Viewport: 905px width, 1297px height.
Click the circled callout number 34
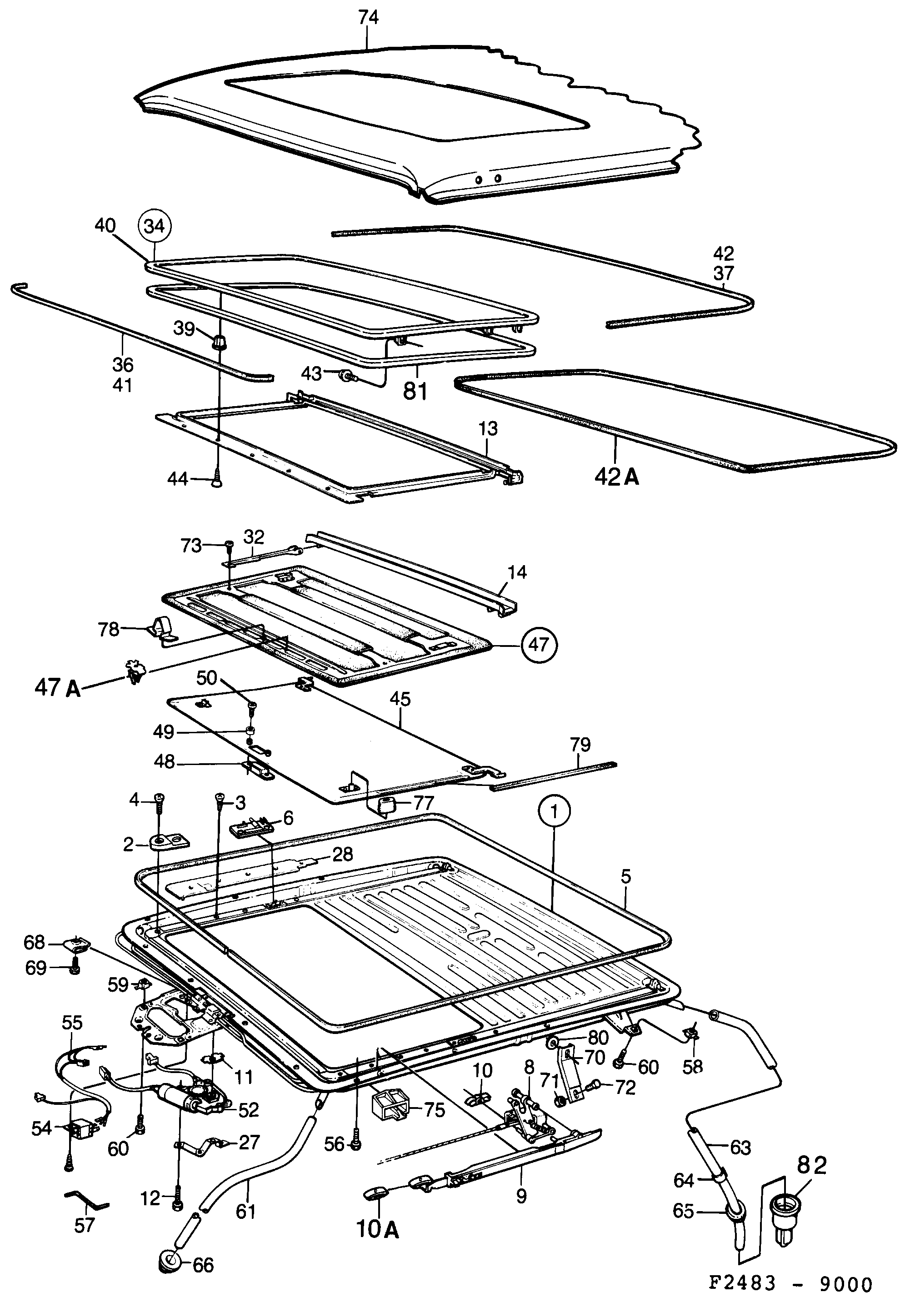tap(155, 226)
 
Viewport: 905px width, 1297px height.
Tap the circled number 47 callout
tap(539, 644)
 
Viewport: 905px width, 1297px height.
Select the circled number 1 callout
tap(554, 812)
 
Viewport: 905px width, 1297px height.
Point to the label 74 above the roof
tap(368, 18)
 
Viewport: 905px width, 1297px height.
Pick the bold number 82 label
tap(812, 1165)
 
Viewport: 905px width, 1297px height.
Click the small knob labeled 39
tap(218, 342)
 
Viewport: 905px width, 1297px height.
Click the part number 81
tap(415, 391)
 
